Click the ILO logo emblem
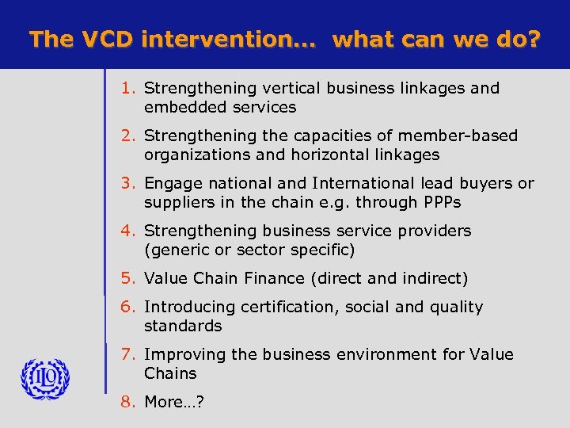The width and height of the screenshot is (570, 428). [45, 379]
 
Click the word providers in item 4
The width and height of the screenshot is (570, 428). [431, 231]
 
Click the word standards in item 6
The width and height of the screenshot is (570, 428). [183, 326]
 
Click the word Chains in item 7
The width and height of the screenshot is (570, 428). [170, 373]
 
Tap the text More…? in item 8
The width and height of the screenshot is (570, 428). [174, 402]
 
